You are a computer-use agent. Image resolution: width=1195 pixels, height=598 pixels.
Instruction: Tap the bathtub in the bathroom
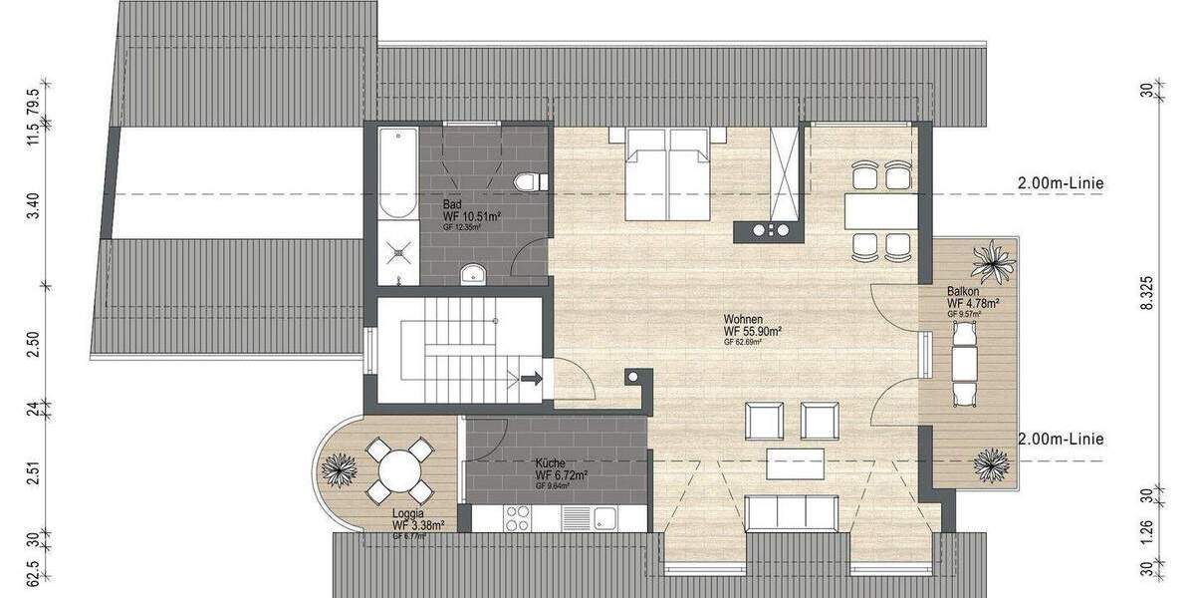pos(398,171)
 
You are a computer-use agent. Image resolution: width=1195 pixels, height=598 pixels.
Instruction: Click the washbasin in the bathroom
pos(472,273)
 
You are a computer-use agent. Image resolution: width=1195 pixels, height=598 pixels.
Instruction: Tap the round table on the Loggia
pos(398,468)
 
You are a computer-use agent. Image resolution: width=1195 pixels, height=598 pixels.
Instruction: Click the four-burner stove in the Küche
pos(517,518)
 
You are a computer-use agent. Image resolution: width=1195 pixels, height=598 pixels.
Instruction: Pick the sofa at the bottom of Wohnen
pos(792,511)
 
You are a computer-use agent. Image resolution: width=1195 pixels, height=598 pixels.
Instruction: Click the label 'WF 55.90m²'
pos(752,331)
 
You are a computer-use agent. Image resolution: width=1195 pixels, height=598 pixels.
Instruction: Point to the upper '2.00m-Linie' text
pos(1061,183)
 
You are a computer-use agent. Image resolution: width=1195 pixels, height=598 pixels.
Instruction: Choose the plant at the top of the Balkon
pos(995,262)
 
